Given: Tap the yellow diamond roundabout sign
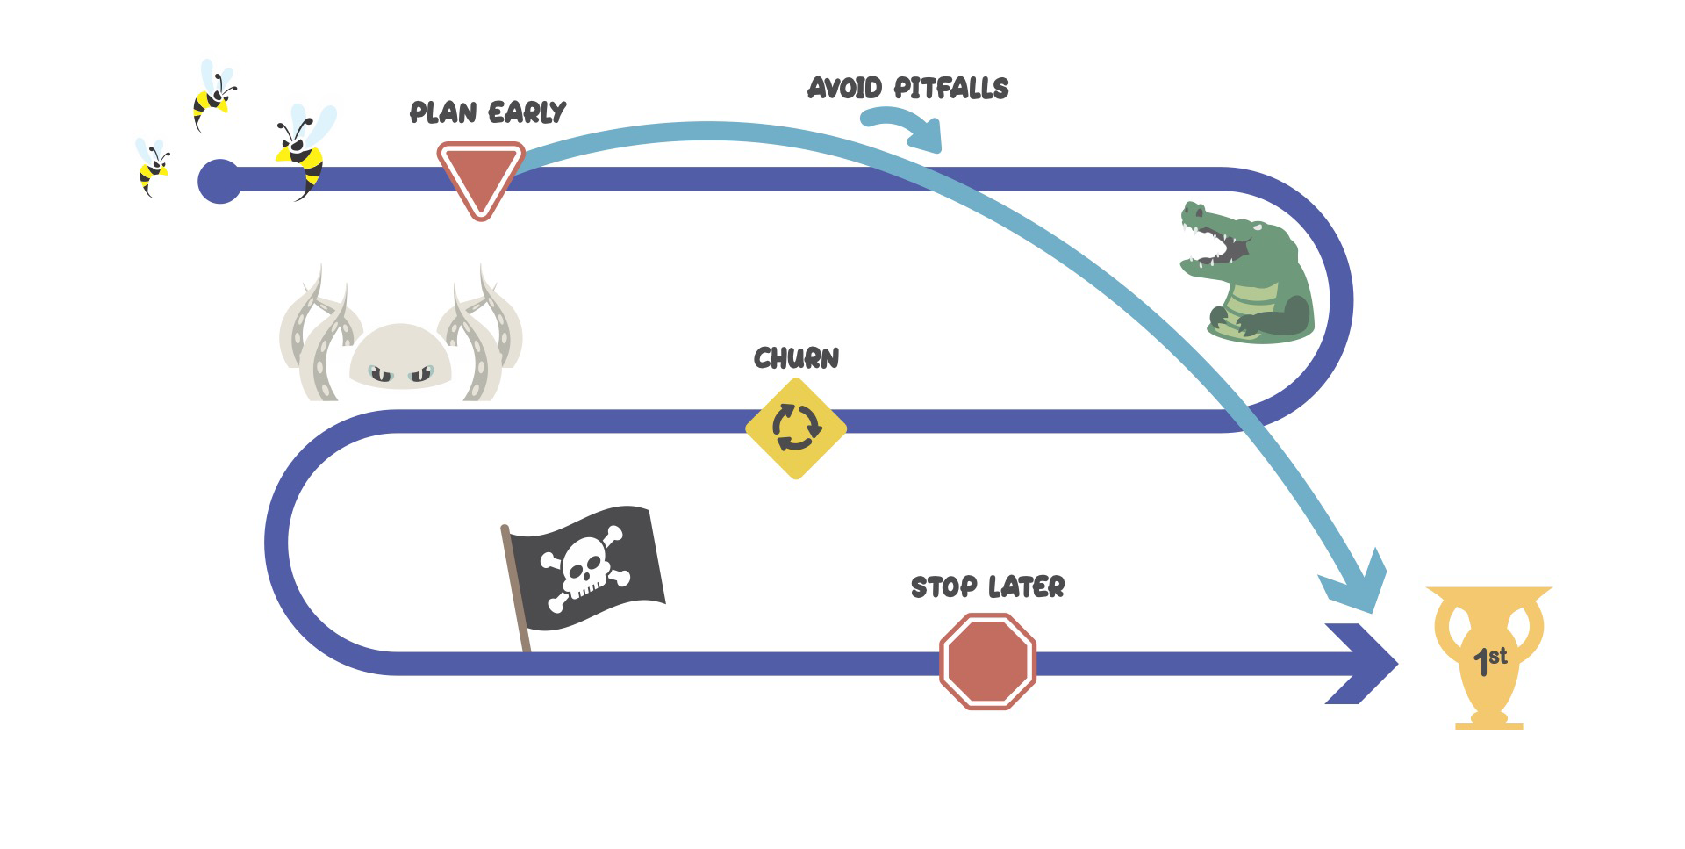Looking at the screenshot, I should pyautogui.click(x=795, y=428).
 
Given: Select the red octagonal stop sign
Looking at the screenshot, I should pyautogui.click(x=987, y=661).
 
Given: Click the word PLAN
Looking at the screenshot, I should pyautogui.click(x=443, y=112).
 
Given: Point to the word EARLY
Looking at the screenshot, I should pyautogui.click(x=527, y=112).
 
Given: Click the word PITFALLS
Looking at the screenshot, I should pyautogui.click(x=951, y=88).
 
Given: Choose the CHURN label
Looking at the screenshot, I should pyautogui.click(x=796, y=358).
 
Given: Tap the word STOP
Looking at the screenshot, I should pyautogui.click(x=943, y=586).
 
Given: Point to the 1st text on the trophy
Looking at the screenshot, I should pyautogui.click(x=1489, y=658).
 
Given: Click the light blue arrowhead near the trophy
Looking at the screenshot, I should pyautogui.click(x=1356, y=584).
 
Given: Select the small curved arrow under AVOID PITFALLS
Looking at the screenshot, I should pyautogui.click(x=904, y=127).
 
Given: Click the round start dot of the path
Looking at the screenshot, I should pyautogui.click(x=219, y=182).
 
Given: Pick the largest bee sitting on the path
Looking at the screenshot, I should pyautogui.click(x=303, y=149).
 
